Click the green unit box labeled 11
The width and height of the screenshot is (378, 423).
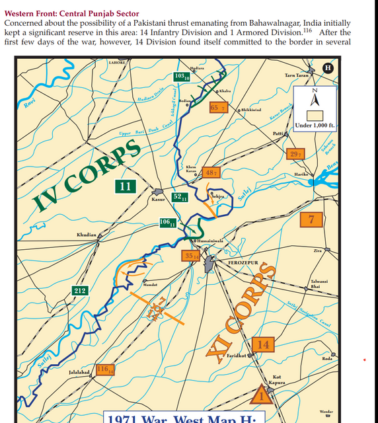point(126,186)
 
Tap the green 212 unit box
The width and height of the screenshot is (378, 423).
point(80,290)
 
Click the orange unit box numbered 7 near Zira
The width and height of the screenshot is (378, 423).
point(311,220)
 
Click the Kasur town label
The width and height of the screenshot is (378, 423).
point(158,198)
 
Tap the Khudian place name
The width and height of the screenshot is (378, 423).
point(87,235)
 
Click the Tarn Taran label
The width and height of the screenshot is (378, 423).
point(296,76)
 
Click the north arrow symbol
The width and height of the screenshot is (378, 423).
point(315,99)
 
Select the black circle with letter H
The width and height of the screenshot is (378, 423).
point(326,68)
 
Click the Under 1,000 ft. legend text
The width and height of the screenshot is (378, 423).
point(315,125)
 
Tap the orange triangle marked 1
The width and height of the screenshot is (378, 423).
point(260,396)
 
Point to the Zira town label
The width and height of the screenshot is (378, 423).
point(317,251)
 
